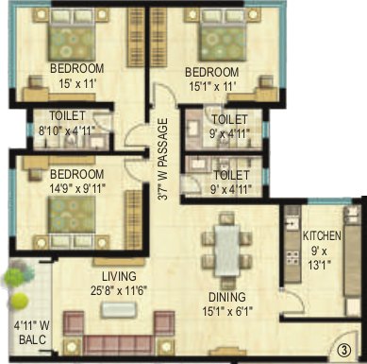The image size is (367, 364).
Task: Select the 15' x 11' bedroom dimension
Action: pos(76,84)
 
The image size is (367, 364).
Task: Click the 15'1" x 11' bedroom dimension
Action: pos(211,86)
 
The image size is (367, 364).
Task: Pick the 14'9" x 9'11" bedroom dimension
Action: pos(77,188)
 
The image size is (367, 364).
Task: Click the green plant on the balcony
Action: pos(17,283)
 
